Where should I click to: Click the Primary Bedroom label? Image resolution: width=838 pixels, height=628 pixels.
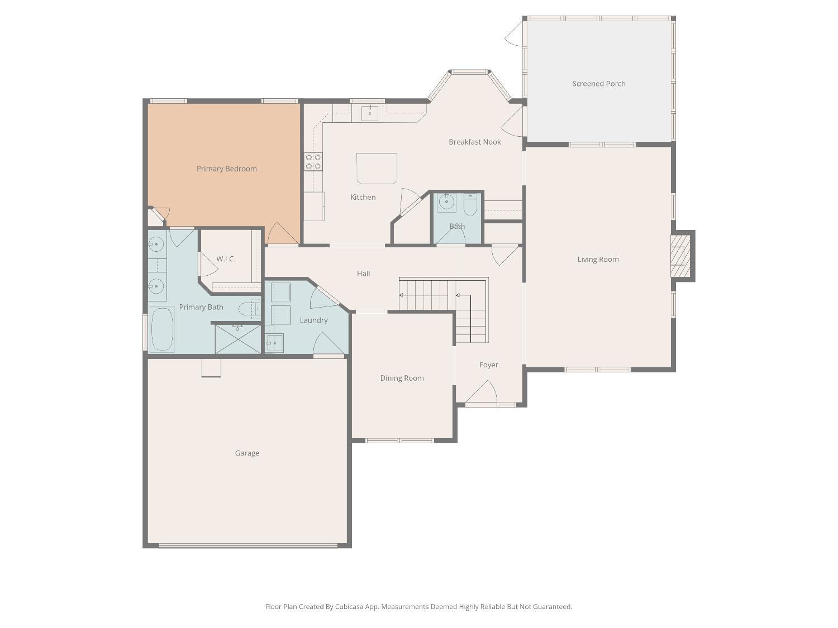(x=226, y=169)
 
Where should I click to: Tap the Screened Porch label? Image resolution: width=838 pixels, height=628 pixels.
(x=598, y=84)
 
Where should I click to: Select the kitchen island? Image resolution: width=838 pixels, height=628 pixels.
(x=377, y=168)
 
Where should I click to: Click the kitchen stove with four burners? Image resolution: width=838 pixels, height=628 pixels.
(x=313, y=161)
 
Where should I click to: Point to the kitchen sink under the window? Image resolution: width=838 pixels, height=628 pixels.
(x=370, y=113)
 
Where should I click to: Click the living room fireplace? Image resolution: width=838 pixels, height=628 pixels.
(x=679, y=256)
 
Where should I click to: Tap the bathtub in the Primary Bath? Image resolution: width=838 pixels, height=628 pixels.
(x=162, y=329)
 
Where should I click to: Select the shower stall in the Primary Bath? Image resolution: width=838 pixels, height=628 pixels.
(x=238, y=339)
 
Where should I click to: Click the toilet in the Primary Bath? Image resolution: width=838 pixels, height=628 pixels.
(x=247, y=309)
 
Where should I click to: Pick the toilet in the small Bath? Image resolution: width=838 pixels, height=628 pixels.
(x=470, y=205)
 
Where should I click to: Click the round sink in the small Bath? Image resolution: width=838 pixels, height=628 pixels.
(x=446, y=202)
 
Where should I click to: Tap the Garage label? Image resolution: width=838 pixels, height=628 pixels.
(x=247, y=453)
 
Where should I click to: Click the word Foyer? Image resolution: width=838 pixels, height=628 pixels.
(x=488, y=365)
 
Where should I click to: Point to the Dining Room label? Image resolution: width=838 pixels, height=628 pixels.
(x=402, y=378)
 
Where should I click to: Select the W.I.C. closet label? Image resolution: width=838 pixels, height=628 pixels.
(x=226, y=259)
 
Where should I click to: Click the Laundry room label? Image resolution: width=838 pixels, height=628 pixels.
(x=313, y=320)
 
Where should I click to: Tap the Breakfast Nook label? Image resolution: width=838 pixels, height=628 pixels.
(x=475, y=142)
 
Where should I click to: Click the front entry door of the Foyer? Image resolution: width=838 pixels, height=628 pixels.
(x=482, y=393)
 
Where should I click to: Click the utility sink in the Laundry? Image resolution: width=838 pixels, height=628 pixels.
(x=274, y=343)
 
